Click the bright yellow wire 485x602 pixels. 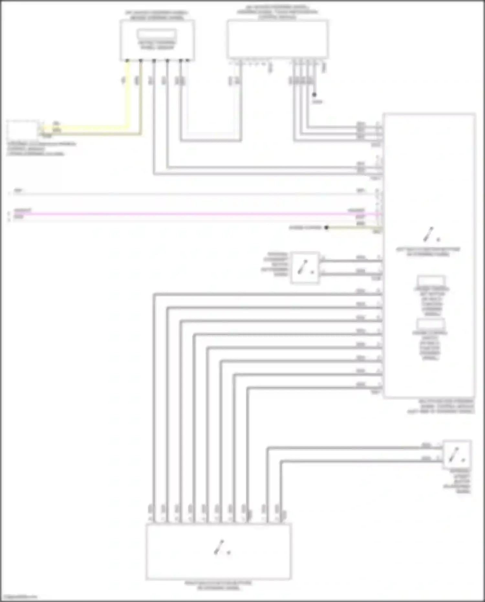pos(127,97)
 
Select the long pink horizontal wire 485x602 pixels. pos(194,213)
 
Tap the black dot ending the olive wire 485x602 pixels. pos(327,228)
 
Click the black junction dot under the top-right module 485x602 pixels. pos(314,95)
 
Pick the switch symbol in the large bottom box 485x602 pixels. pos(222,547)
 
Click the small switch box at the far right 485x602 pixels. pos(457,454)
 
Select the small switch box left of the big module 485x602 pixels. pos(305,268)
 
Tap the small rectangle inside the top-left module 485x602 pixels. pos(157,34)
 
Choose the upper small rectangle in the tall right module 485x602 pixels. pos(431,280)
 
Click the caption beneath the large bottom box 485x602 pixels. pos(219,585)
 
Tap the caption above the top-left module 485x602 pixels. pos(157,15)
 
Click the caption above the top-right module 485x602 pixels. pos(277,12)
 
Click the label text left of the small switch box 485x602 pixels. pos(275,264)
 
